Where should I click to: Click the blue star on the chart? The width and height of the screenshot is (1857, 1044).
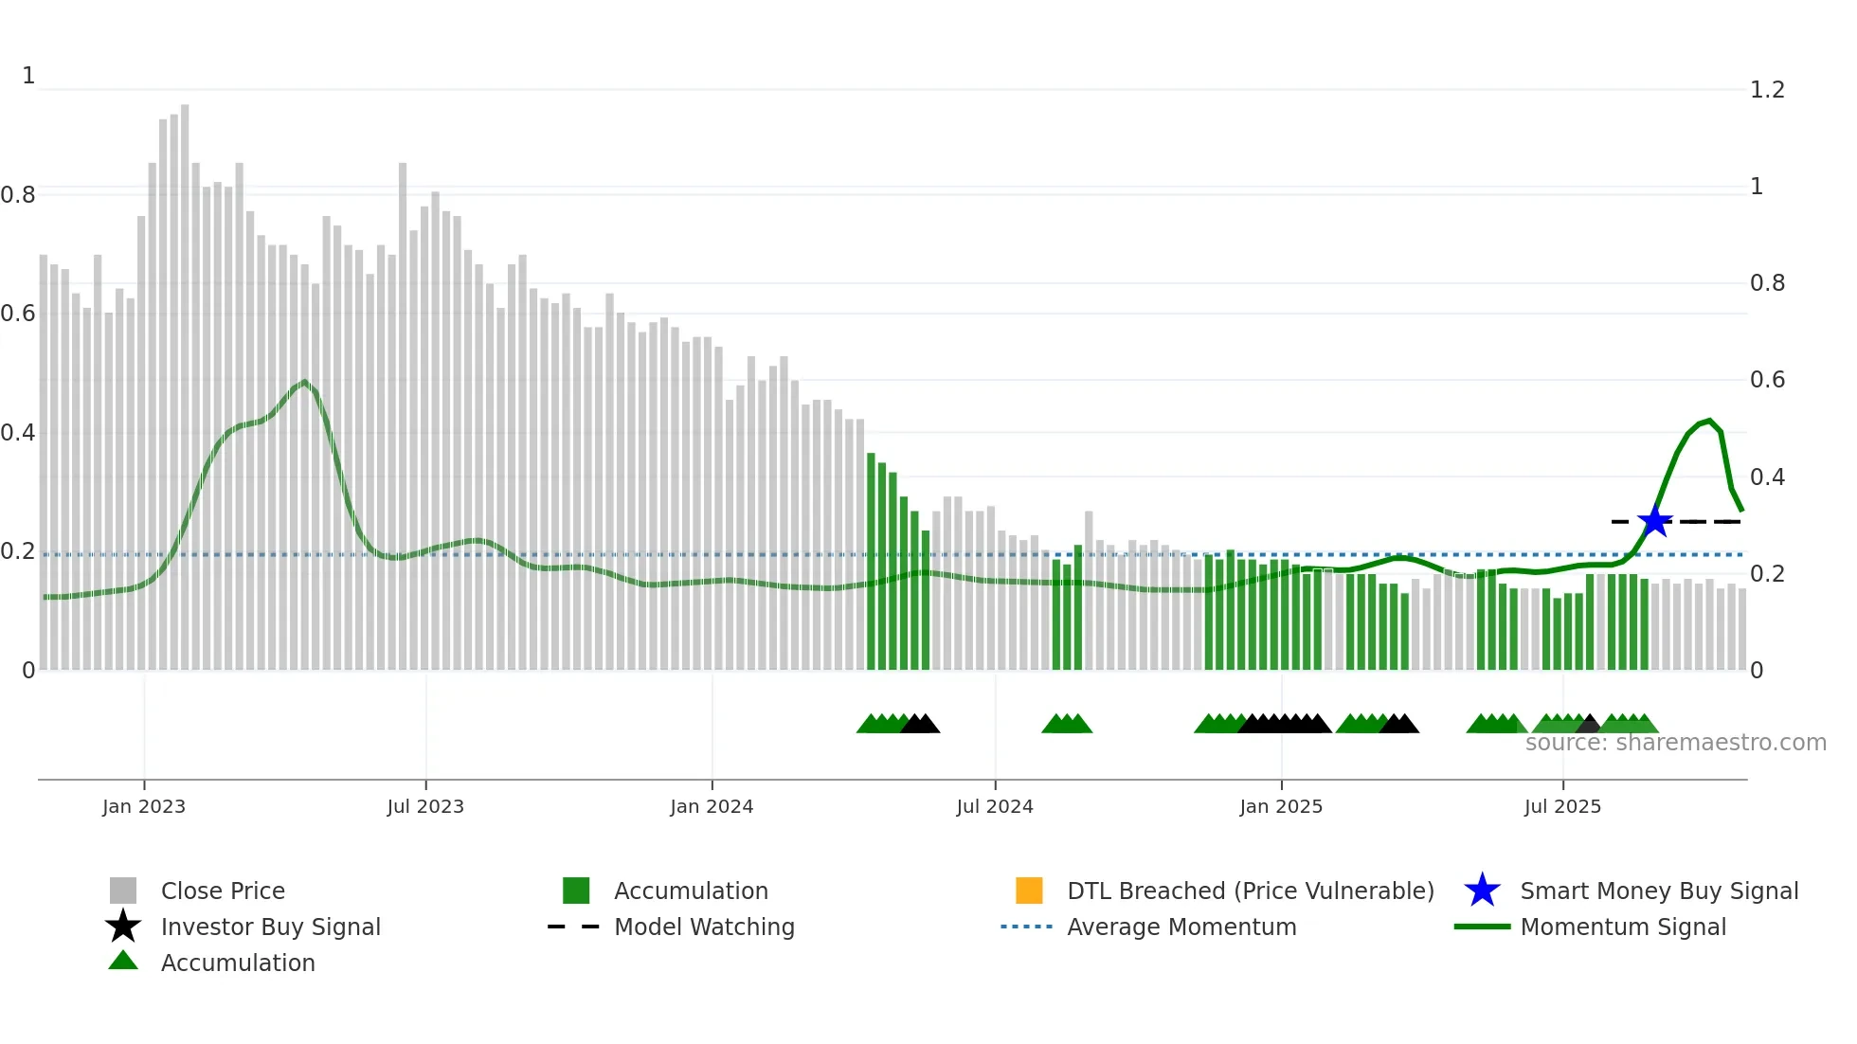[1654, 521]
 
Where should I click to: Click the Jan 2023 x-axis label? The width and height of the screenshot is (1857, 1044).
[144, 806]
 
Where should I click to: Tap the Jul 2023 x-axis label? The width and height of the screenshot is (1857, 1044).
[425, 806]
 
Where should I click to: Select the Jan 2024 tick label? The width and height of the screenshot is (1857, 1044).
[712, 806]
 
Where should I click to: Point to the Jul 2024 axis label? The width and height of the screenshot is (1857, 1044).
[995, 806]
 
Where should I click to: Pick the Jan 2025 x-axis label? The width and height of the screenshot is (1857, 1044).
[1281, 806]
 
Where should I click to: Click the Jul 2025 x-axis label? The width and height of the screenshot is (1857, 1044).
[1562, 806]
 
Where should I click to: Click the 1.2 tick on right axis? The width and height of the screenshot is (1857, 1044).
[1767, 90]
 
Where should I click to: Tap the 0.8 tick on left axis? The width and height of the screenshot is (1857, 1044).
[18, 195]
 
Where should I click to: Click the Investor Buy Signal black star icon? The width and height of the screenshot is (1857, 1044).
[123, 927]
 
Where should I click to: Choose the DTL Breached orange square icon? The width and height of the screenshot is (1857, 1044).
[1029, 891]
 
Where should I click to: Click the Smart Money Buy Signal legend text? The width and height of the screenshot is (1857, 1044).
[1659, 891]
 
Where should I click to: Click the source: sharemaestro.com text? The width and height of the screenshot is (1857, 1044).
[1675, 743]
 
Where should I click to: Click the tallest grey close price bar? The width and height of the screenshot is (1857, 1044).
[185, 379]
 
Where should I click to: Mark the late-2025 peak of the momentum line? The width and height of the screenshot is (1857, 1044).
[1709, 421]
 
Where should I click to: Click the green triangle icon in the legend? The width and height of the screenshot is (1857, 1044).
[123, 961]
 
